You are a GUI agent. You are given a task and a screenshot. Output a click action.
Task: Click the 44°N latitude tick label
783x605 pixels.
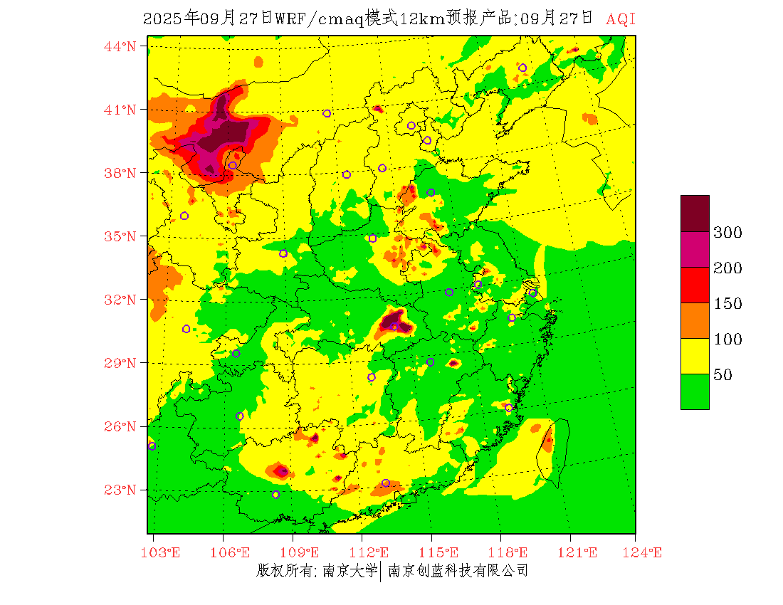pos(120,46)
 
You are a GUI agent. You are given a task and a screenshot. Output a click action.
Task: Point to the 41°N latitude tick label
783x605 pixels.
pos(120,110)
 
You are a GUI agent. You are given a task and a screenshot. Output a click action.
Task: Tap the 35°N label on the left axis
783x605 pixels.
pos(120,236)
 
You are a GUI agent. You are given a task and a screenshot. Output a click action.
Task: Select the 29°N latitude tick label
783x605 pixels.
pos(120,363)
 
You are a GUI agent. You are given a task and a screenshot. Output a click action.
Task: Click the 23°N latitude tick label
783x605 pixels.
pos(120,490)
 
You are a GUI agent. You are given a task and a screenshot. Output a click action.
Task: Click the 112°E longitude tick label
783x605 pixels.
pos(373,552)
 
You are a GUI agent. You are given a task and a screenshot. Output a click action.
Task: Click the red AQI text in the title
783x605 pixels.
pos(620,19)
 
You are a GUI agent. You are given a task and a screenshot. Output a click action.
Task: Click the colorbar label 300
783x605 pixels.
pos(728,233)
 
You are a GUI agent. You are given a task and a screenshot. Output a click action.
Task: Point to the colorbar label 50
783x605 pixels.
pos(723,375)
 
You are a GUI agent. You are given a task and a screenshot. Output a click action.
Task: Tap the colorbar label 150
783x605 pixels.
pos(728,304)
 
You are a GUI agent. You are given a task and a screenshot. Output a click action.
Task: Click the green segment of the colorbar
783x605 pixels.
pos(695,391)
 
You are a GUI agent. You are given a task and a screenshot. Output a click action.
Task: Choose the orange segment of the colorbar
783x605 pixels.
pos(695,320)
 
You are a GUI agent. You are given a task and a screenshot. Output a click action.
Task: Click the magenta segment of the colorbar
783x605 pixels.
pos(695,249)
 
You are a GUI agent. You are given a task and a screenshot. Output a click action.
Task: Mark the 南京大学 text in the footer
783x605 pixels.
pos(349,570)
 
